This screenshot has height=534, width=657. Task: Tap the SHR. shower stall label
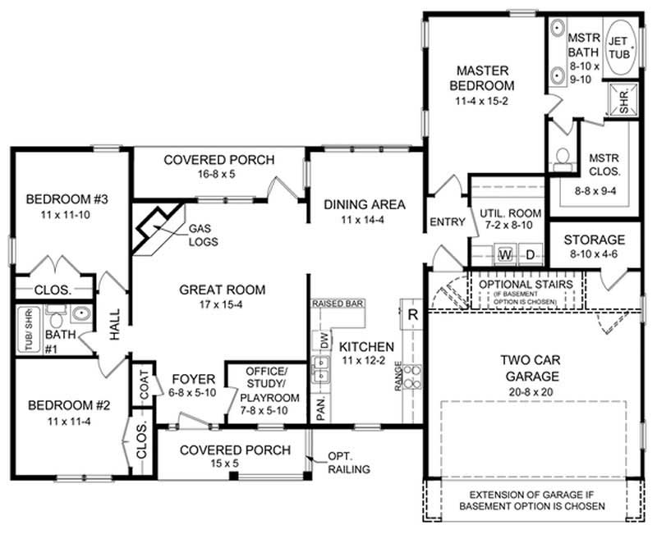coord(624,102)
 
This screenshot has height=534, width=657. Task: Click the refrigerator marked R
coord(412,313)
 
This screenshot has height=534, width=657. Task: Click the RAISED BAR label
coord(338,304)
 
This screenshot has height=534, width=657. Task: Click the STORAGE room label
coord(595,240)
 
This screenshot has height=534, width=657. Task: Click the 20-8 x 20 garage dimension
coord(531,393)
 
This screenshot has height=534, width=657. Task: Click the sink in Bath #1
coord(80,313)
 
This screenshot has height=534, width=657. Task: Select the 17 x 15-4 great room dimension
coord(223,304)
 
